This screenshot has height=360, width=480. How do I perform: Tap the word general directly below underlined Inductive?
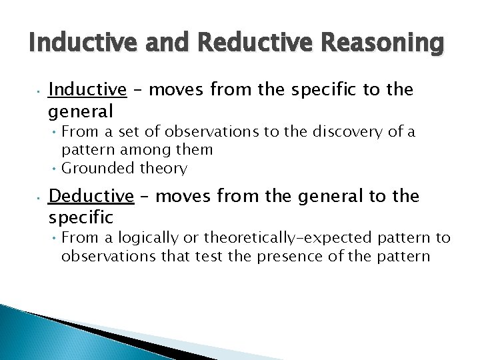point(80,109)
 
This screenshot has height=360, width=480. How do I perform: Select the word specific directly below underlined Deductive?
point(81,217)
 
